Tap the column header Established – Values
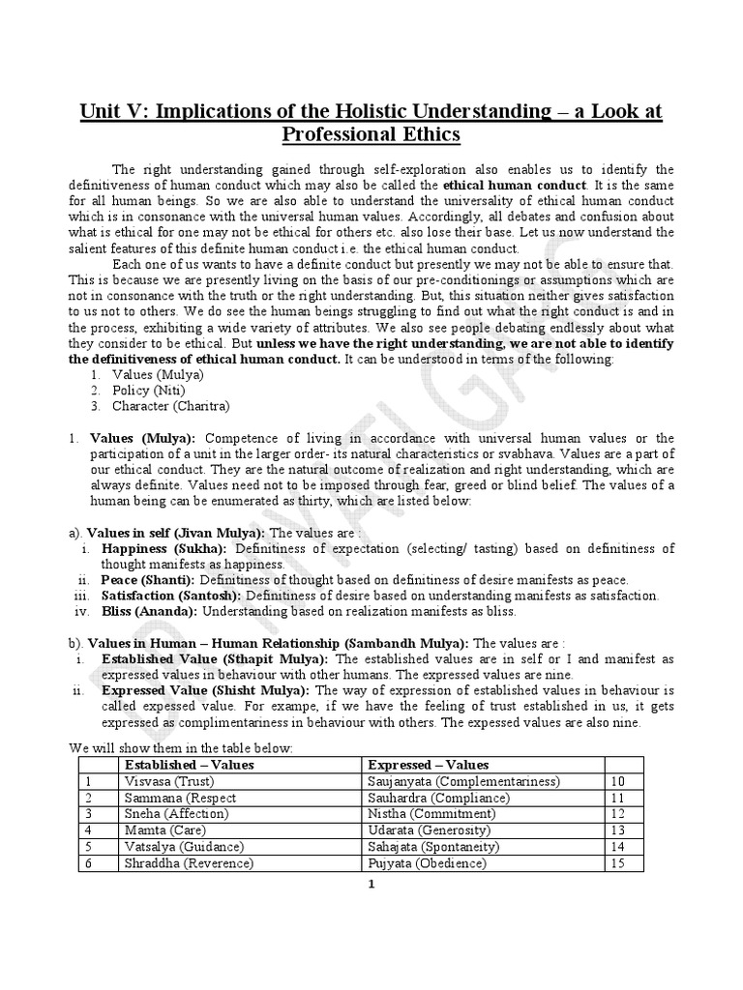[189, 765]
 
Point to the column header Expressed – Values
[429, 765]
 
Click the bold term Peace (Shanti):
[149, 579]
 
